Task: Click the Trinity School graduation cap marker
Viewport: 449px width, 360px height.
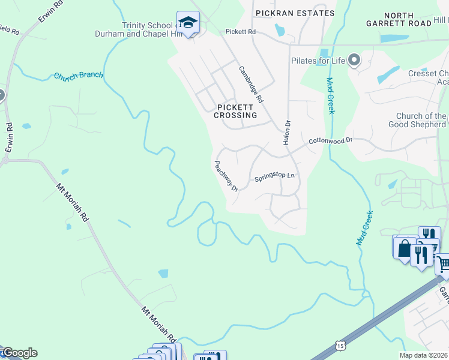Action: (188, 22)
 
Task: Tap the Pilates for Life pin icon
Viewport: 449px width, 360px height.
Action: (354, 60)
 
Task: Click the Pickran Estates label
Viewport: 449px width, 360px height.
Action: (295, 13)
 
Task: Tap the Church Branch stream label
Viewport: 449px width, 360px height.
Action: (79, 76)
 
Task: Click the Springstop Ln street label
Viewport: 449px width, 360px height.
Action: (275, 177)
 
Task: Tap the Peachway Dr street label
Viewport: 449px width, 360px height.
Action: (227, 176)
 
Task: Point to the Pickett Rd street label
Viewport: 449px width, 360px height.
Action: (241, 31)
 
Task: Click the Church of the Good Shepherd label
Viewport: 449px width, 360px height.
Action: (421, 121)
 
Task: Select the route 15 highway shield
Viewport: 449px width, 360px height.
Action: (340, 346)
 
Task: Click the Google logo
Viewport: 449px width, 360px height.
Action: (19, 353)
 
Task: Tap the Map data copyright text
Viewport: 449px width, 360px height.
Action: (423, 355)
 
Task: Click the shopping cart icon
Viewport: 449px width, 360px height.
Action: (443, 263)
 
